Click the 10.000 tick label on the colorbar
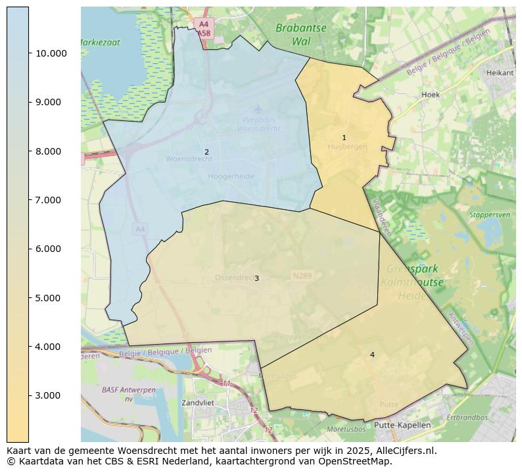[x=51, y=53]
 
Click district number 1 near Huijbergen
[x=344, y=137]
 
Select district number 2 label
[x=206, y=152]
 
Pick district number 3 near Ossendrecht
[x=256, y=278]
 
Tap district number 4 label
[x=372, y=355]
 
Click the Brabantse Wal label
[x=301, y=34]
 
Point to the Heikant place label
[x=500, y=73]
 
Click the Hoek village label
[x=431, y=95]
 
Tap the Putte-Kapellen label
[x=402, y=425]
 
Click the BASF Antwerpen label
[x=128, y=394]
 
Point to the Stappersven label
[x=490, y=214]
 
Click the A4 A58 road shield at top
[x=204, y=27]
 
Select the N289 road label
[x=302, y=276]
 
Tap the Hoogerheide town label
[x=230, y=176]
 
